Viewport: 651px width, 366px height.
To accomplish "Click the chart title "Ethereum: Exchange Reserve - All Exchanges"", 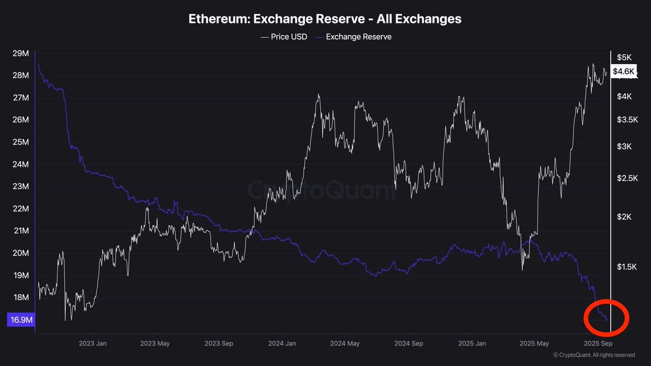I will [325, 18].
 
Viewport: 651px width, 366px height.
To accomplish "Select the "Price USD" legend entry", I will [285, 37].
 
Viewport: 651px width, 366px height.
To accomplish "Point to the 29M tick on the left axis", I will [21, 53].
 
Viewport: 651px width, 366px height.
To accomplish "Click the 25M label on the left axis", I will [21, 142].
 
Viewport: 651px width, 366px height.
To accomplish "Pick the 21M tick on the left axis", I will [21, 231].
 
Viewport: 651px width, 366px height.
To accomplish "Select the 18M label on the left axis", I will [21, 298].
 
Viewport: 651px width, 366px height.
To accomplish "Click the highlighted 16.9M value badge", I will [22, 320].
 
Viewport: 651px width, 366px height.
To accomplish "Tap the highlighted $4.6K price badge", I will [623, 72].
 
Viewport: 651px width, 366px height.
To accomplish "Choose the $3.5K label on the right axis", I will [627, 119].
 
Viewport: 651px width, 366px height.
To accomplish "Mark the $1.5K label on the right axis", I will [627, 266].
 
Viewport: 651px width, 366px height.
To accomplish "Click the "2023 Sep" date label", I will [219, 343].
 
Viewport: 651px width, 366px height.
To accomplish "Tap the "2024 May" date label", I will [344, 343].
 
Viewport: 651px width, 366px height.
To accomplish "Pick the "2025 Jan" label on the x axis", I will [472, 343].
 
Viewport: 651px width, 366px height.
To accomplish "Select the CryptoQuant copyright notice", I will [593, 355].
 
